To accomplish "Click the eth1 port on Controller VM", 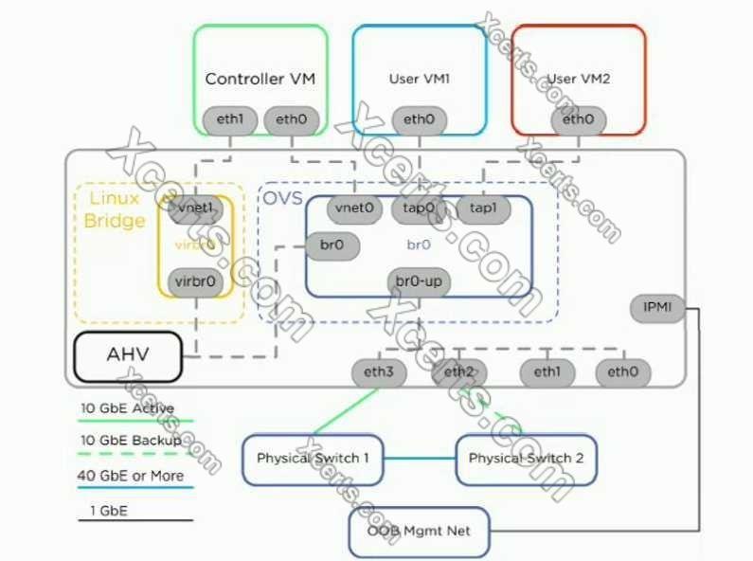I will coord(230,119).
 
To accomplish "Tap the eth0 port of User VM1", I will coord(419,119).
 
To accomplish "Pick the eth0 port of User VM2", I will coord(578,119).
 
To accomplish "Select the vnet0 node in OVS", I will coord(355,208).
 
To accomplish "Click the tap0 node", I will coord(419,208).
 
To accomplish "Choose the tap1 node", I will coord(484,208).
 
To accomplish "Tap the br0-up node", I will coord(419,281).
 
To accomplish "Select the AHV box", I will coord(128,356).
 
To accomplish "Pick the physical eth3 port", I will coord(378,371).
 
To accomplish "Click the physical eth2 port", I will coord(459,371).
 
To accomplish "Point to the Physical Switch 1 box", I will coord(314,459).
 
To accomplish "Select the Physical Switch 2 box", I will coord(527,459).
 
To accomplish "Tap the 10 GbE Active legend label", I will coord(127,408).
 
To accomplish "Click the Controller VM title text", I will coord(260,79).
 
